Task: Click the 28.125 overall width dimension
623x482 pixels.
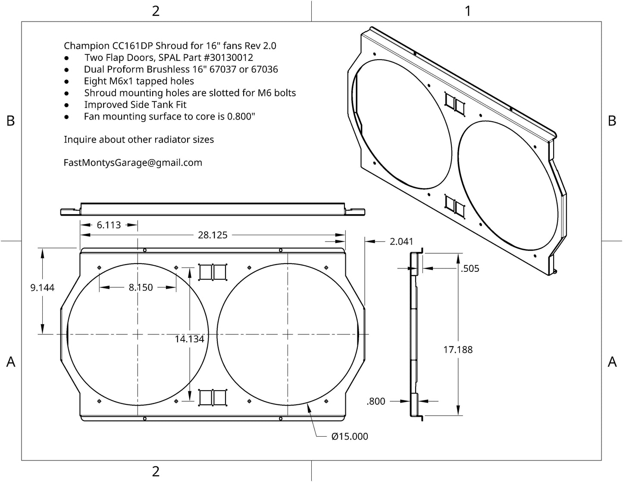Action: (x=213, y=235)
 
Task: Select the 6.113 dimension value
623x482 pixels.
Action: (x=109, y=225)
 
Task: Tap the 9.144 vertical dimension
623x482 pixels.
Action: (x=42, y=287)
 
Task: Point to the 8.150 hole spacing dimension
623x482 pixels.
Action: (x=141, y=287)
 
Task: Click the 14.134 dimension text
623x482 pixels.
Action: (x=190, y=339)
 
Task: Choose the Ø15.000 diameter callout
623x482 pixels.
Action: (x=350, y=436)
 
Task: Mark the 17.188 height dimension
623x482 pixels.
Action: (x=458, y=350)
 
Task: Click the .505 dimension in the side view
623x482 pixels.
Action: (x=470, y=268)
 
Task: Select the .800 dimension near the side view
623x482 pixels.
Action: (x=376, y=401)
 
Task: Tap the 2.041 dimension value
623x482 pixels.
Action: (x=401, y=242)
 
